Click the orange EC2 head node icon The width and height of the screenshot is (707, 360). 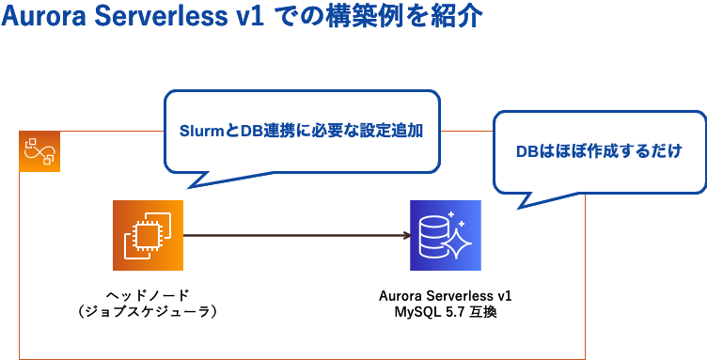148,235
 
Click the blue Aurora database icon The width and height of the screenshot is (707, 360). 445,235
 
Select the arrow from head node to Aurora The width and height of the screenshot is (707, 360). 291,235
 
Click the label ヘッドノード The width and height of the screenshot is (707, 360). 149,295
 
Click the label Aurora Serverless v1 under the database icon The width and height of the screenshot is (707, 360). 445,295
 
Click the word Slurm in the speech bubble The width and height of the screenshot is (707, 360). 198,133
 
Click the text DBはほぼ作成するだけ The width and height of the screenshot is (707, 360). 598,150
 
